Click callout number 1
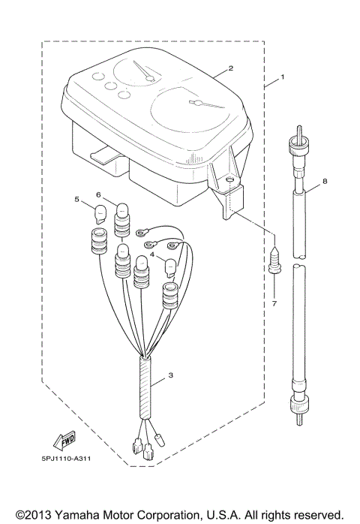click(283, 77)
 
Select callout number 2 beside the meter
click(231, 68)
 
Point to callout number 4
click(152, 255)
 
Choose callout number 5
click(76, 199)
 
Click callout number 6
click(98, 195)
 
